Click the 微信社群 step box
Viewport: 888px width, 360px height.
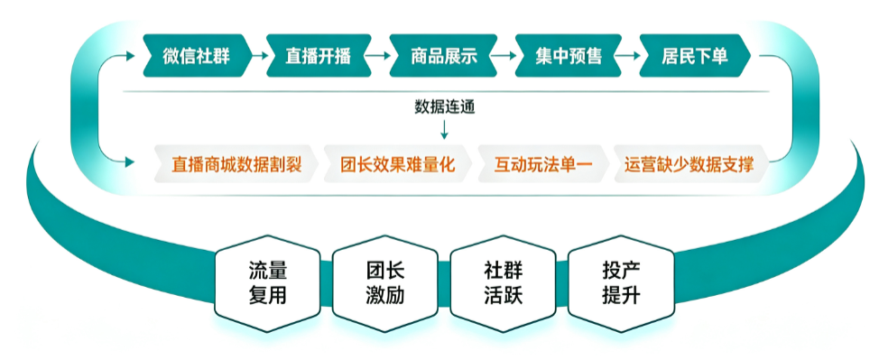click(197, 56)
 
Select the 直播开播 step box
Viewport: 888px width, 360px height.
click(319, 56)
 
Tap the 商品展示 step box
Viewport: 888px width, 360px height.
click(443, 56)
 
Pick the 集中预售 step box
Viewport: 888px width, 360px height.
click(568, 56)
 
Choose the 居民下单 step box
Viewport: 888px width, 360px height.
click(695, 56)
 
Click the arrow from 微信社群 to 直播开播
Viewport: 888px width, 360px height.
click(258, 56)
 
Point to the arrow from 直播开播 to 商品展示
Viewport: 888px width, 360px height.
click(380, 56)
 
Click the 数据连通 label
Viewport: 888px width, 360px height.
click(444, 107)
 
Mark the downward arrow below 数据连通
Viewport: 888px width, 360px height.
click(444, 129)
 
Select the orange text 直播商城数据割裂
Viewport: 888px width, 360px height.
click(236, 165)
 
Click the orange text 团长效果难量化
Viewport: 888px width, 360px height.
click(398, 165)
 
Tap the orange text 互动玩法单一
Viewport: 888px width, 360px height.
click(543, 165)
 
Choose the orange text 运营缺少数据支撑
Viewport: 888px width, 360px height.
click(689, 165)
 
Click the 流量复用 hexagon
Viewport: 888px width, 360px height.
click(268, 283)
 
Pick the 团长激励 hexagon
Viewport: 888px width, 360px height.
click(385, 283)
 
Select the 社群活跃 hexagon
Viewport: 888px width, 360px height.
click(503, 283)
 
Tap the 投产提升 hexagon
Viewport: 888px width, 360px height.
click(621, 283)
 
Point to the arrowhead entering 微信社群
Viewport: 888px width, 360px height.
click(132, 56)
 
